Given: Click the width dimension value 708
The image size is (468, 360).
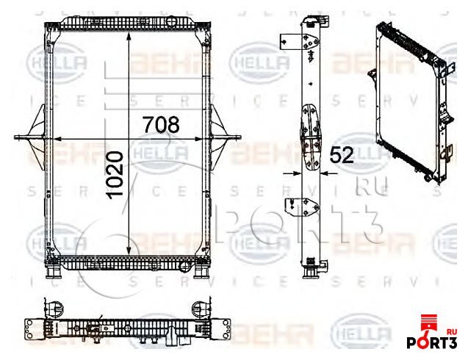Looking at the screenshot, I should pos(160,124).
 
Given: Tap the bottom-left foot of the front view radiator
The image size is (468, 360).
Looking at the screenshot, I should pos(54,271).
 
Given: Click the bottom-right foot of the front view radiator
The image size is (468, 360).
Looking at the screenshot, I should pos(201,271).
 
